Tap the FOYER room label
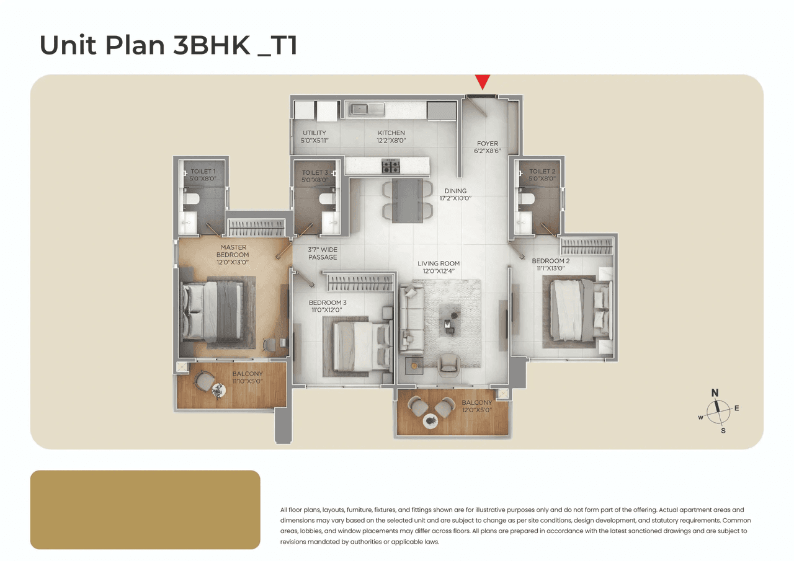(x=488, y=144)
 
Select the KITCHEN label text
(x=391, y=133)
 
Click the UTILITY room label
(x=314, y=133)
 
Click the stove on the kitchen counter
(x=391, y=166)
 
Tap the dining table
(x=408, y=200)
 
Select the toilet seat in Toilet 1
(x=192, y=198)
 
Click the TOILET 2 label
(x=542, y=172)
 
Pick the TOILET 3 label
(x=314, y=173)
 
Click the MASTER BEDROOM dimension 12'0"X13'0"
(x=233, y=262)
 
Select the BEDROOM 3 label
(x=328, y=303)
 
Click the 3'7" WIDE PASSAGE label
(x=323, y=253)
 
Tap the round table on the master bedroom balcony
(x=218, y=390)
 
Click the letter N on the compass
(x=715, y=392)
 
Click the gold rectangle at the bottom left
(x=145, y=510)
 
